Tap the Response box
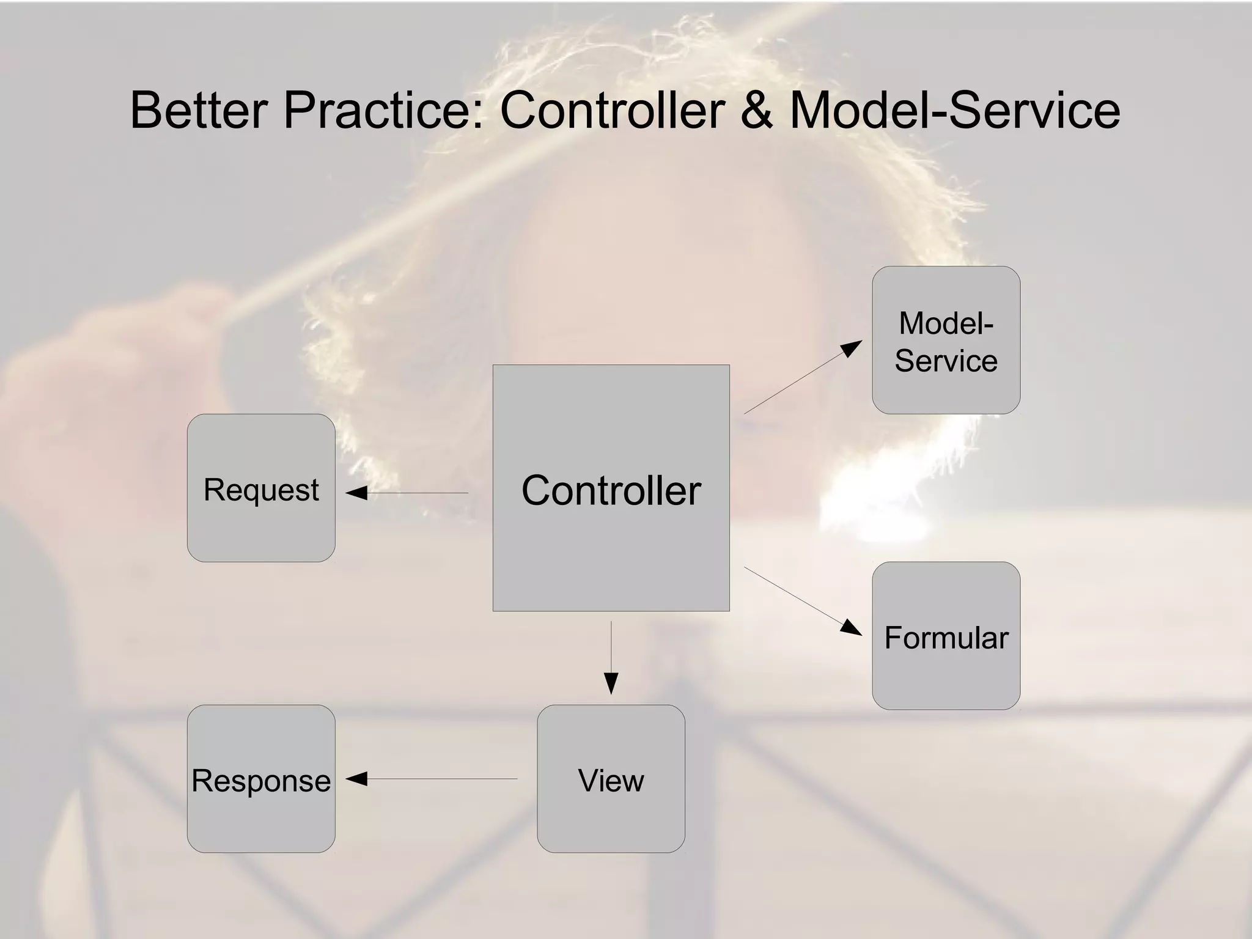[x=261, y=779]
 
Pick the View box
[x=611, y=779]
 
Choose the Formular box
[x=946, y=636]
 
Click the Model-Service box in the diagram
[x=946, y=340]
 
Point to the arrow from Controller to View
[x=611, y=654]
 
